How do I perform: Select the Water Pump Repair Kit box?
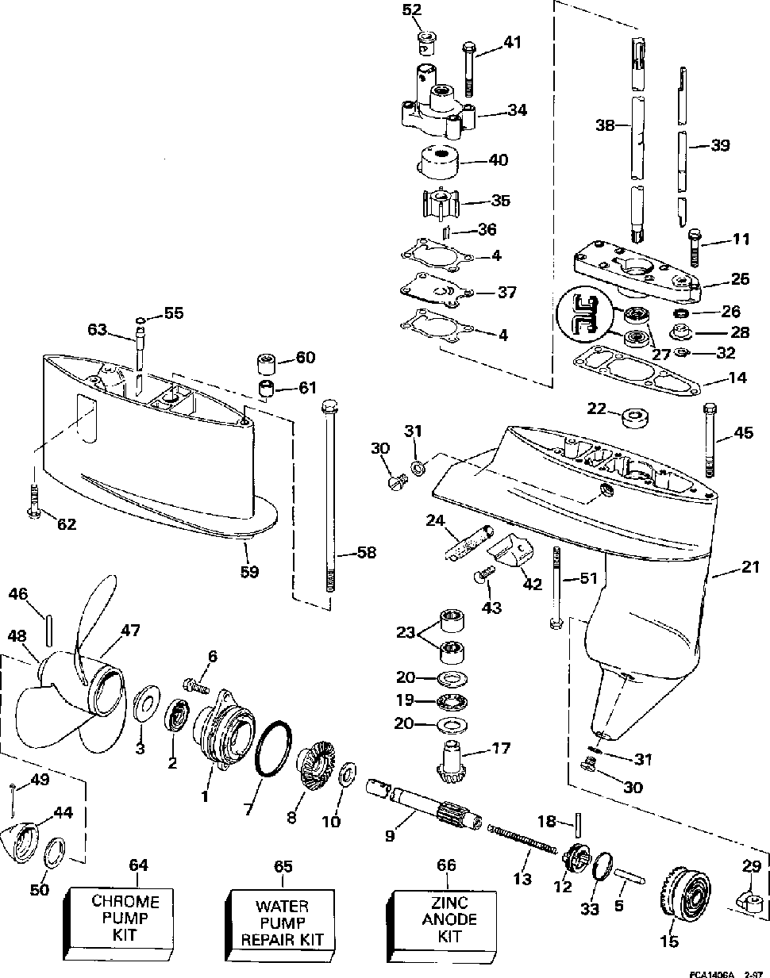pyautogui.click(x=281, y=921)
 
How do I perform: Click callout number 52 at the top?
pyautogui.click(x=412, y=10)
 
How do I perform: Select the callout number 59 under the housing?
pyautogui.click(x=249, y=571)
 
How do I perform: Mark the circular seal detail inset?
pyautogui.click(x=584, y=314)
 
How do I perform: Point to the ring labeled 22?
pyautogui.click(x=635, y=418)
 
